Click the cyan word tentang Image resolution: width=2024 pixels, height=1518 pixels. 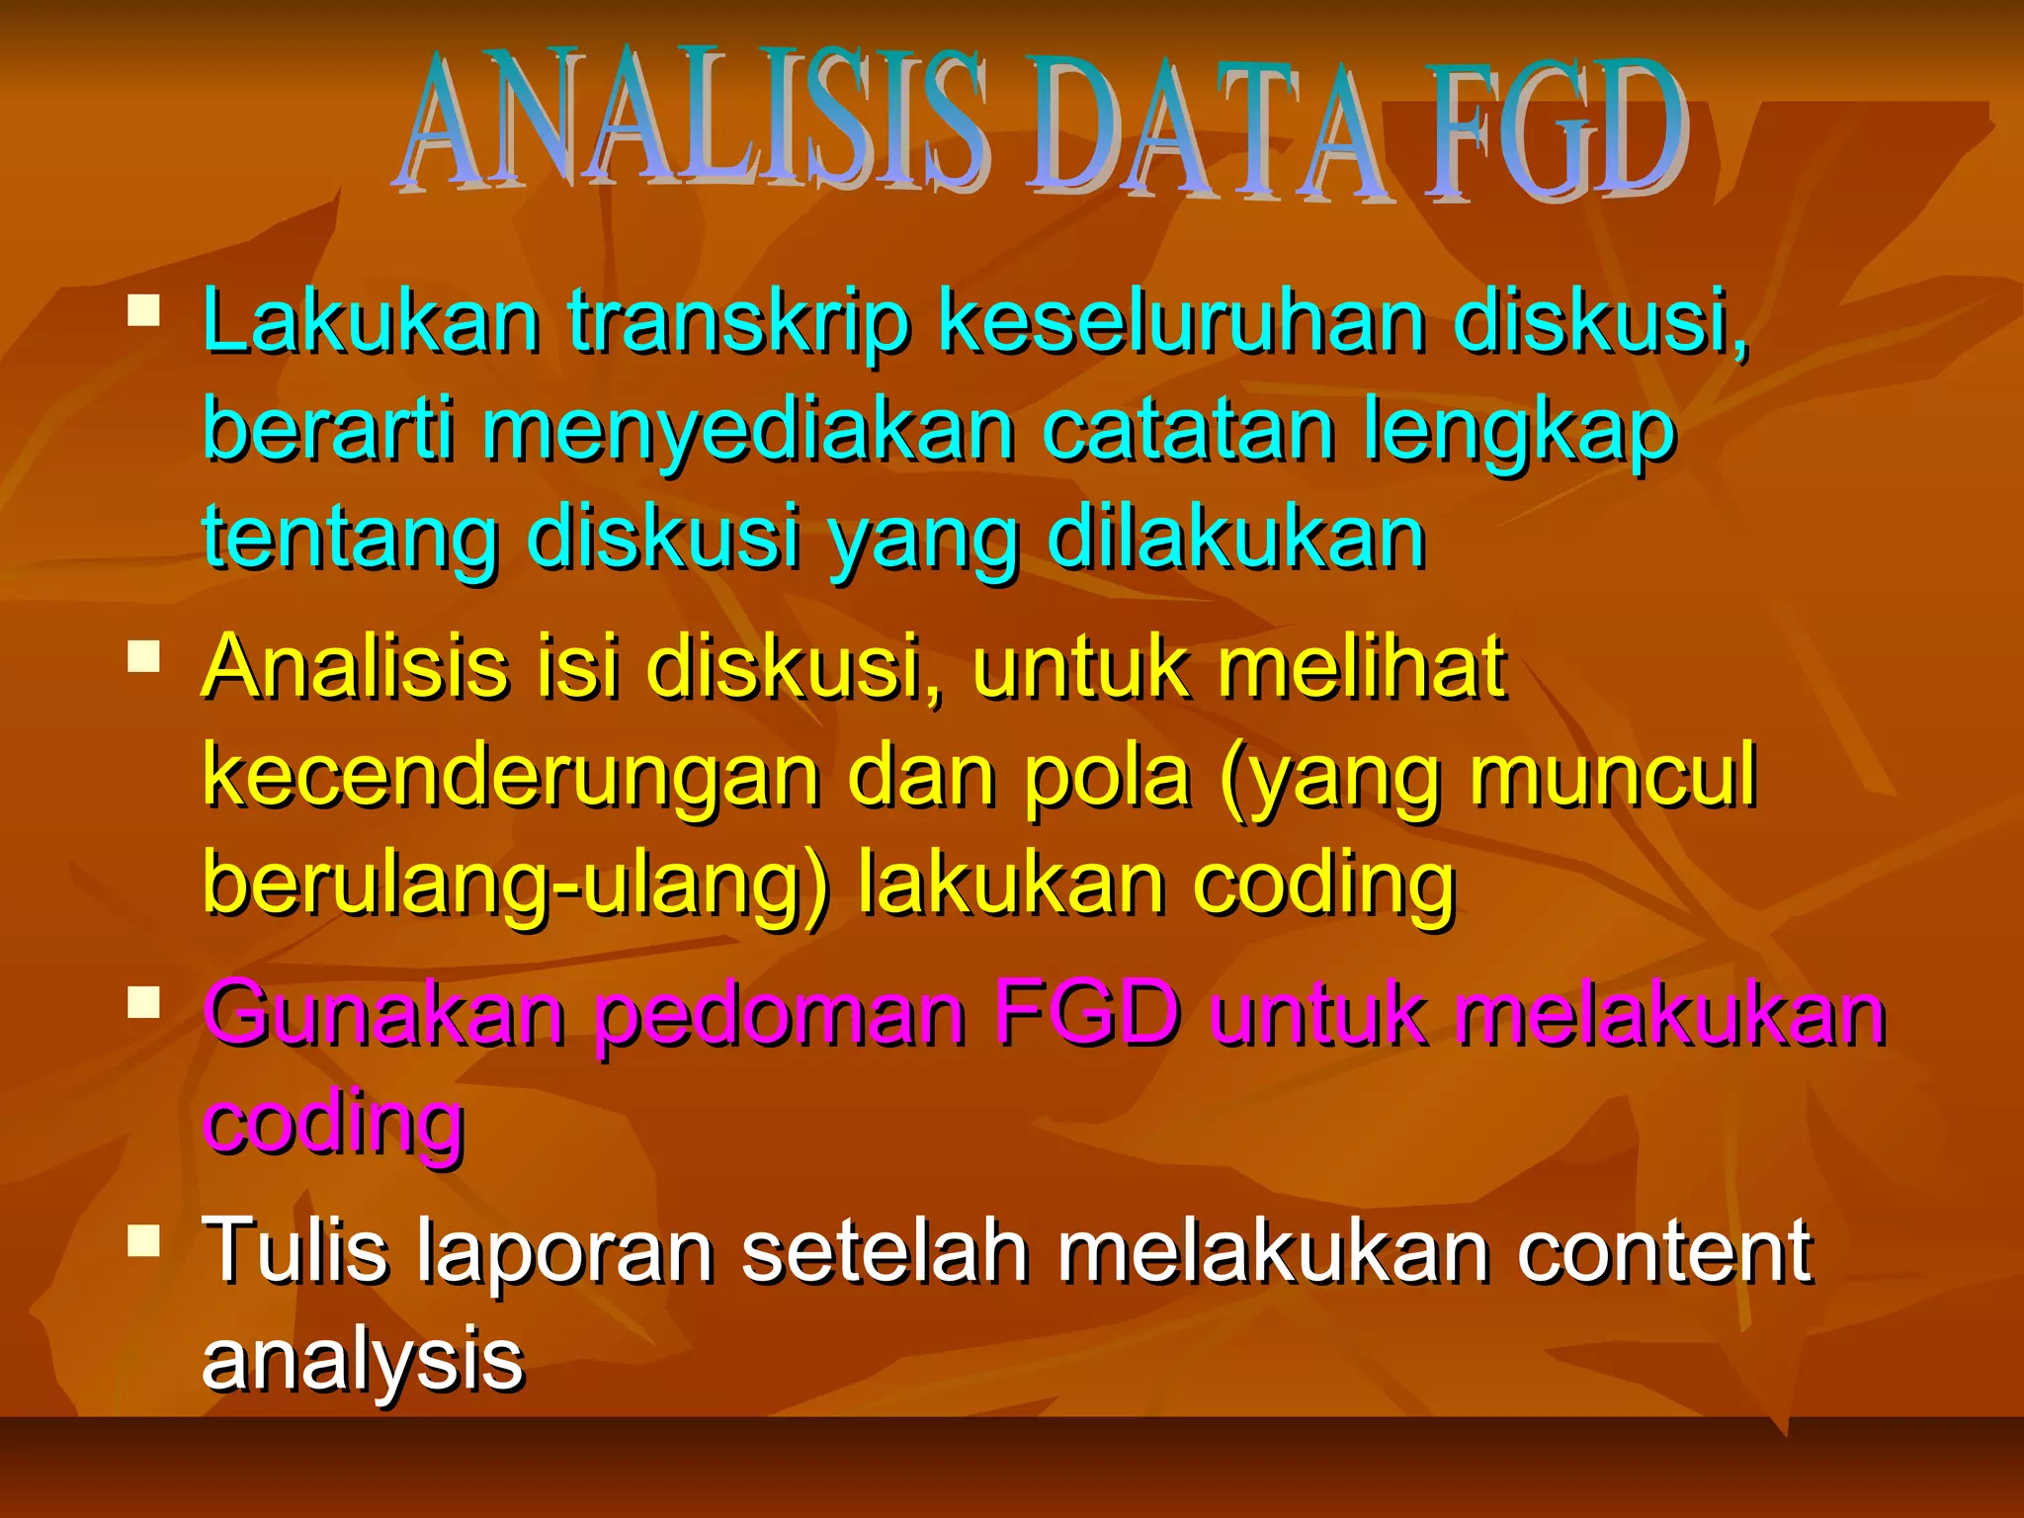pyautogui.click(x=351, y=540)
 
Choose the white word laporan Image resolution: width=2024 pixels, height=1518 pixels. pyautogui.click(x=564, y=1250)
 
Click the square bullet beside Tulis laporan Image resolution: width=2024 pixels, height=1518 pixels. pyautogui.click(x=144, y=1240)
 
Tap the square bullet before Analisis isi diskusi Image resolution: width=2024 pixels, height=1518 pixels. pyautogui.click(x=144, y=656)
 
